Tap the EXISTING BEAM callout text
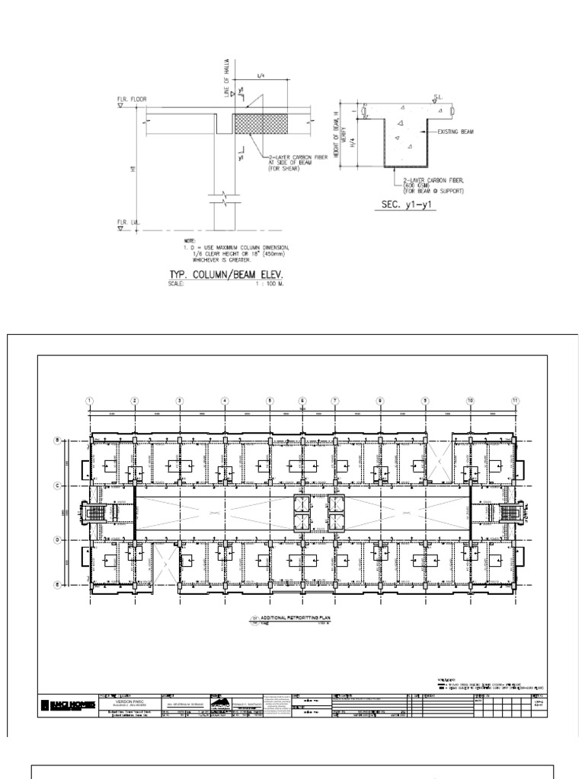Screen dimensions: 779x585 (x=456, y=132)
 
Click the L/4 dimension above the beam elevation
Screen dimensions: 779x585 (x=261, y=76)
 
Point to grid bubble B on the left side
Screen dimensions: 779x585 (x=56, y=440)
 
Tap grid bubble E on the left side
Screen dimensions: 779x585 (x=56, y=584)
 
